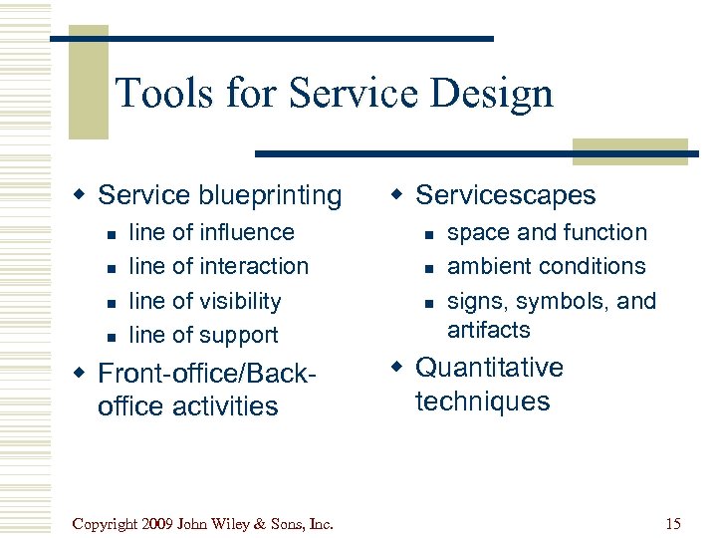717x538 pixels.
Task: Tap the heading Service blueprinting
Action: [x=219, y=195]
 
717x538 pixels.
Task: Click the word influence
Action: [x=247, y=232]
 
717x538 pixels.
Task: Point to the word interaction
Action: [x=254, y=266]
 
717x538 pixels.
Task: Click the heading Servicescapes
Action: [x=505, y=195]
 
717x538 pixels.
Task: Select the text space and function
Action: [x=547, y=232]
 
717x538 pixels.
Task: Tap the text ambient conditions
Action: [x=546, y=266]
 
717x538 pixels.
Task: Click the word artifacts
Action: [x=489, y=329]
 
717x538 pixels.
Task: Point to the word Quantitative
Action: [x=489, y=368]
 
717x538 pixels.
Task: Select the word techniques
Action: [x=484, y=402]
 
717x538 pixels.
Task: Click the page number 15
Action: [x=673, y=523]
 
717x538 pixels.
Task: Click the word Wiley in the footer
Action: [x=229, y=523]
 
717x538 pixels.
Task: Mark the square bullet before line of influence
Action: [x=113, y=234]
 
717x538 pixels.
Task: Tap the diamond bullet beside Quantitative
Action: [x=401, y=369]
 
